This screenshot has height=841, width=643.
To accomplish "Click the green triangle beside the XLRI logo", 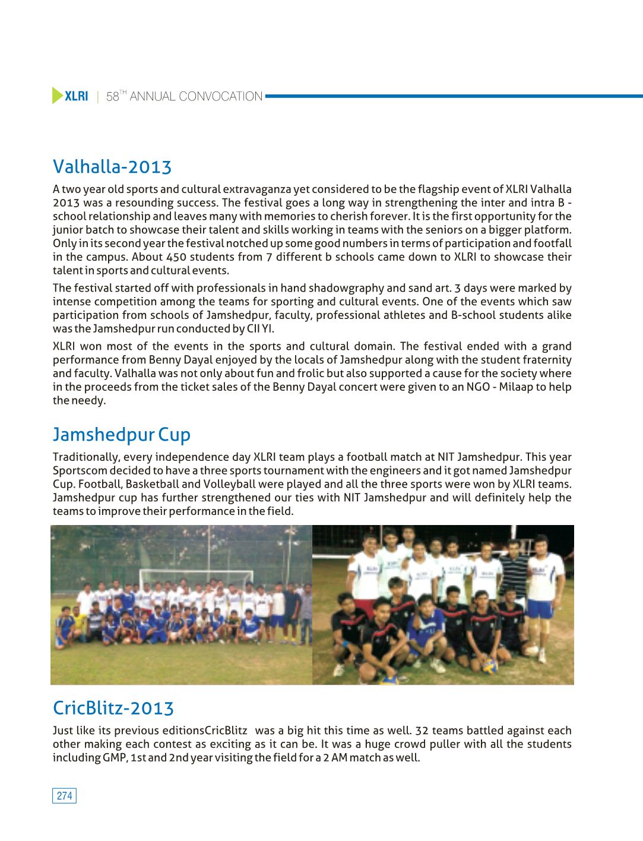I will pos(58,96).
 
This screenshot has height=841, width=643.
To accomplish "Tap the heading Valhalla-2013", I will pos(112,166).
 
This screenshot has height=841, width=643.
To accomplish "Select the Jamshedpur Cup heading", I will pos(122,434).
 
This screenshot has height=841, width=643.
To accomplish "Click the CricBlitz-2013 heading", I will pos(113,708).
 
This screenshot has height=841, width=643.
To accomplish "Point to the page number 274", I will pos(65,796).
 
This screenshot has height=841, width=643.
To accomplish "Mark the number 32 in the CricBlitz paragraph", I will pos(422,731).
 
